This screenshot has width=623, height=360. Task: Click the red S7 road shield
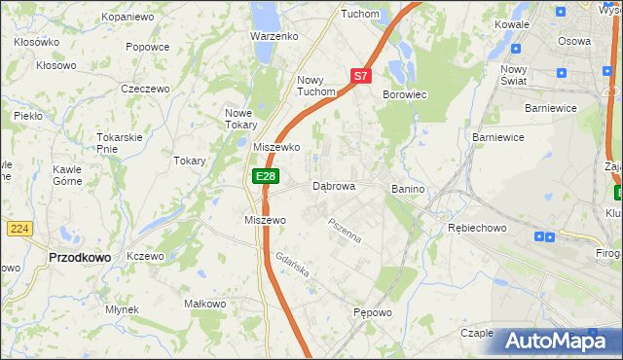pyautogui.click(x=361, y=75)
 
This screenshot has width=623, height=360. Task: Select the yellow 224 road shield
pyautogui.click(x=19, y=228)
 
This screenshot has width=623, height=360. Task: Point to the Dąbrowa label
pyautogui.click(x=333, y=186)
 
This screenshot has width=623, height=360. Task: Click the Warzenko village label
pyautogui.click(x=274, y=36)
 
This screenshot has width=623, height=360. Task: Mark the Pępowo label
pyautogui.click(x=373, y=313)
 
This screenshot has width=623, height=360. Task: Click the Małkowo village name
pyautogui.click(x=205, y=304)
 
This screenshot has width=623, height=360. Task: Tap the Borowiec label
pyautogui.click(x=405, y=94)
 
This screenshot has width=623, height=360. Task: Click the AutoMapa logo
pyautogui.click(x=556, y=342)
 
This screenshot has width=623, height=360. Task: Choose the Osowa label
pyautogui.click(x=573, y=41)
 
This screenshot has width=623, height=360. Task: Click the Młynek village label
pyautogui.click(x=122, y=309)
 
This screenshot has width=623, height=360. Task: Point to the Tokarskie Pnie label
pyautogui.click(x=121, y=142)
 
